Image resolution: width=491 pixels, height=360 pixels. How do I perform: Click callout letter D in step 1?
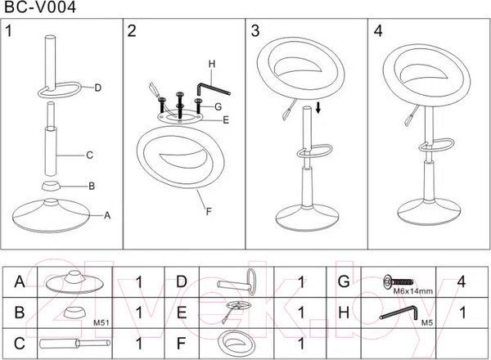click(x=97, y=87)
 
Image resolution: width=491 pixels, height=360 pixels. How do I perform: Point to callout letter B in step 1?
click(x=92, y=186)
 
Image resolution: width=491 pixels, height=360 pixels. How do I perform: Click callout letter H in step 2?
click(x=211, y=64)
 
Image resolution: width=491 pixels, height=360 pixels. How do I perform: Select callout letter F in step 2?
click(x=208, y=211)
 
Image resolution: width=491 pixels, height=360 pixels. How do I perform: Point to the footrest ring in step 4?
click(x=429, y=148)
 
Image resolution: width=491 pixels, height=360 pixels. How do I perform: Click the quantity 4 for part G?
click(x=462, y=282)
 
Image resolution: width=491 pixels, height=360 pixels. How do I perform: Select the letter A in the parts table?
click(x=18, y=282)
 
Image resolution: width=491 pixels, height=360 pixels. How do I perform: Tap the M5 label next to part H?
click(x=426, y=322)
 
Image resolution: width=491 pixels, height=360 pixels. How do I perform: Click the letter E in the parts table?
click(x=182, y=313)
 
